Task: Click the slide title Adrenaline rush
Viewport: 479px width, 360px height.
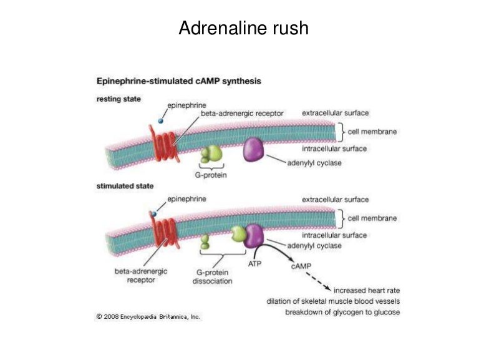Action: pyautogui.click(x=243, y=28)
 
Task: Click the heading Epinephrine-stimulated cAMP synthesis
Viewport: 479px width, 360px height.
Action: pyautogui.click(x=178, y=81)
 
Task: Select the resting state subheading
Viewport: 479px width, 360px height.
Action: pyautogui.click(x=118, y=99)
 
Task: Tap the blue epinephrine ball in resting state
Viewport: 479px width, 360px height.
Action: pyautogui.click(x=161, y=120)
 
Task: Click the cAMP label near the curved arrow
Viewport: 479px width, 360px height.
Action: pyautogui.click(x=301, y=266)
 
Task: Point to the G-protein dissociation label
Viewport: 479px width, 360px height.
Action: pyautogui.click(x=213, y=277)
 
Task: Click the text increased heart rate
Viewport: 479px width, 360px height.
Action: pyautogui.click(x=367, y=290)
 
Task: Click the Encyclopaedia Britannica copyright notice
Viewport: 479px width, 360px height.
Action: pyautogui.click(x=148, y=317)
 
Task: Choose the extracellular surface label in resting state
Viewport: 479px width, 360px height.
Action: pyautogui.click(x=336, y=113)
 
